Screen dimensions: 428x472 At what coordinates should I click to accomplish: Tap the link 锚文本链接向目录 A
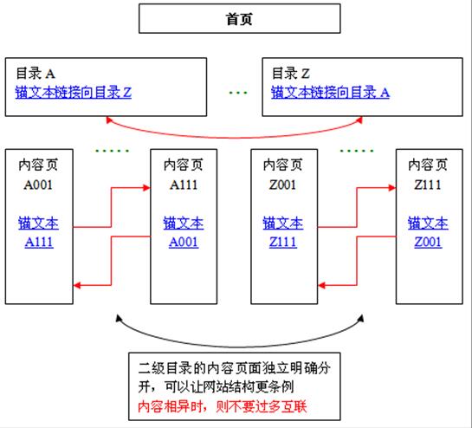pyautogui.click(x=330, y=91)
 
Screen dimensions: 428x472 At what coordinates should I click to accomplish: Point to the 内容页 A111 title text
pyautogui.click(x=183, y=173)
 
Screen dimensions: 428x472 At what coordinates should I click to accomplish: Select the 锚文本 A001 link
pyautogui.click(x=183, y=233)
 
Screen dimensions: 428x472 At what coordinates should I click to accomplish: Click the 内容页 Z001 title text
pyautogui.click(x=282, y=173)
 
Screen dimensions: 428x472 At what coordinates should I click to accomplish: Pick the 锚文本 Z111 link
pyautogui.click(x=282, y=233)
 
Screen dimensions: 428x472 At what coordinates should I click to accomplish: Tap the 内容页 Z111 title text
pyautogui.click(x=428, y=173)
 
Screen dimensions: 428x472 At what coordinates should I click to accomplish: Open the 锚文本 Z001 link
pyautogui.click(x=428, y=233)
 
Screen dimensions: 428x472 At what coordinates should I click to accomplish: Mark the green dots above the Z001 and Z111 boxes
pyautogui.click(x=355, y=150)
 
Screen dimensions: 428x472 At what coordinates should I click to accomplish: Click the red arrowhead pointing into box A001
pyautogui.click(x=79, y=284)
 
